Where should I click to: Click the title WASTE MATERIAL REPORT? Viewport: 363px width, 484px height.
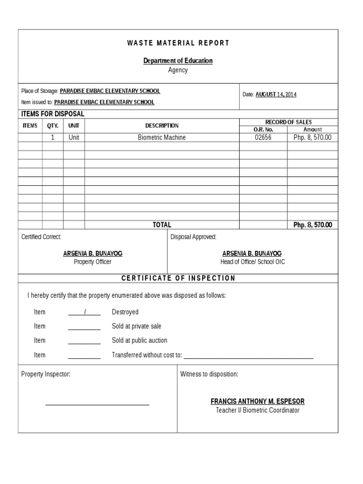coord(178,43)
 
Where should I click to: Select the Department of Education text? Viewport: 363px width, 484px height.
coord(178,60)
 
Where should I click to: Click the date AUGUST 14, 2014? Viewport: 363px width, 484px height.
coord(276,95)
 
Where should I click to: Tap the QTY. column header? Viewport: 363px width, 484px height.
coord(53,126)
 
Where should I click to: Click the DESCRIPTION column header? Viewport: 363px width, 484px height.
coord(162,126)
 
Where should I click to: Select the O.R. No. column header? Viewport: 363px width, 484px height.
coord(263,130)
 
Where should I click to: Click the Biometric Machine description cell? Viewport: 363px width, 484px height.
coord(162,138)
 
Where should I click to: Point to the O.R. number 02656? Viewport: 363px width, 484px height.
coord(263,138)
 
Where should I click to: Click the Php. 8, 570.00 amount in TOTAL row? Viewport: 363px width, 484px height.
coord(312,225)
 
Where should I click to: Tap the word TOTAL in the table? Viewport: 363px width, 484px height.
coord(162,225)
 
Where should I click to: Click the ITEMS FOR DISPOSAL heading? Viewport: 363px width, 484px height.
coord(52,114)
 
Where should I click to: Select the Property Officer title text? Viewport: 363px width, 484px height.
coord(93,262)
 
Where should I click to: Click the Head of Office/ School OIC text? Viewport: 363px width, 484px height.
coord(252,262)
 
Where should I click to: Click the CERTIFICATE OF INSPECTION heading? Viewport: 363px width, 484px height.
coord(178,278)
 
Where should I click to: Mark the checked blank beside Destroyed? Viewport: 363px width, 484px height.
coord(85,312)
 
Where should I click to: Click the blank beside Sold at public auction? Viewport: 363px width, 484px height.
coord(85,341)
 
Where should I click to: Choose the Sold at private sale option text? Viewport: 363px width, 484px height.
coord(137,326)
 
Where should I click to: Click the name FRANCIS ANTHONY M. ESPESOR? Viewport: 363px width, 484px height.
coord(258,401)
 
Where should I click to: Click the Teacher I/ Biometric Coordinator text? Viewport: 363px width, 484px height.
coord(258,410)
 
